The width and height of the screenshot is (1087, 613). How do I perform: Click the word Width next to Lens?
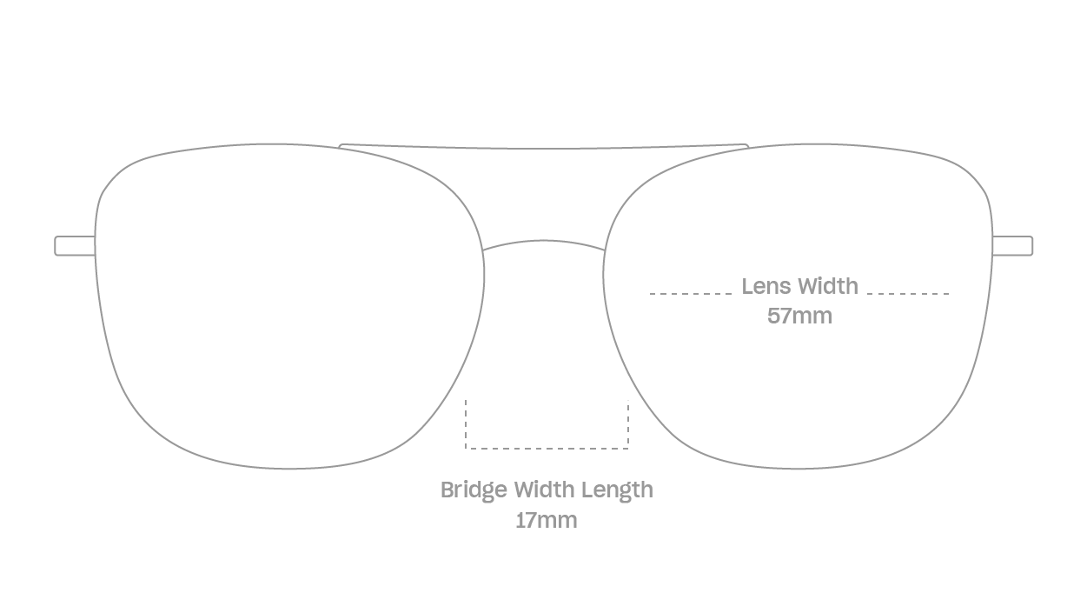[829, 286]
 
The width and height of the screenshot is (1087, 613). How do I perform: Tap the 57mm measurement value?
[799, 316]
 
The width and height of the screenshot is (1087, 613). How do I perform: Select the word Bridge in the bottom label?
[474, 490]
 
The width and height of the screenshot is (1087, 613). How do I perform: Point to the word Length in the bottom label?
[617, 490]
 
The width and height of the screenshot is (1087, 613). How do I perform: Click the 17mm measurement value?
[547, 520]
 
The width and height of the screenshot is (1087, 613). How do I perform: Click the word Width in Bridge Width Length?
[544, 490]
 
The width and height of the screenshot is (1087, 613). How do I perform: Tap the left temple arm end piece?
[76, 246]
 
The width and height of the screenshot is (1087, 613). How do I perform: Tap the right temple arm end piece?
[1012, 246]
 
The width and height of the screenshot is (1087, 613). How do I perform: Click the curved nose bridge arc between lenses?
[544, 241]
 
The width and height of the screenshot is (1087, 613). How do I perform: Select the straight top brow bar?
[544, 148]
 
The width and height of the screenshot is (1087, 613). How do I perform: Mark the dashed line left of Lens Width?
[691, 294]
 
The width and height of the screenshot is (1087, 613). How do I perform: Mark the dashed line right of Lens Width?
[908, 294]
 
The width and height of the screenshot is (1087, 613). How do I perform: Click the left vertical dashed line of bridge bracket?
[466, 424]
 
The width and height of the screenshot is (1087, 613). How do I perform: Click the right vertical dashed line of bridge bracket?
[628, 424]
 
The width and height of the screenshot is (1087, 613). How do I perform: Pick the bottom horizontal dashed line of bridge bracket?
[547, 449]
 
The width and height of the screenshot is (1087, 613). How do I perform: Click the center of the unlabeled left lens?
[289, 306]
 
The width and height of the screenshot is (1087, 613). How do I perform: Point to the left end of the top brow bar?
[340, 146]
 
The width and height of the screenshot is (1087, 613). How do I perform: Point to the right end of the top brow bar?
[748, 146]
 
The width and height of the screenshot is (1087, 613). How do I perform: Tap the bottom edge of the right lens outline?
[799, 469]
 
